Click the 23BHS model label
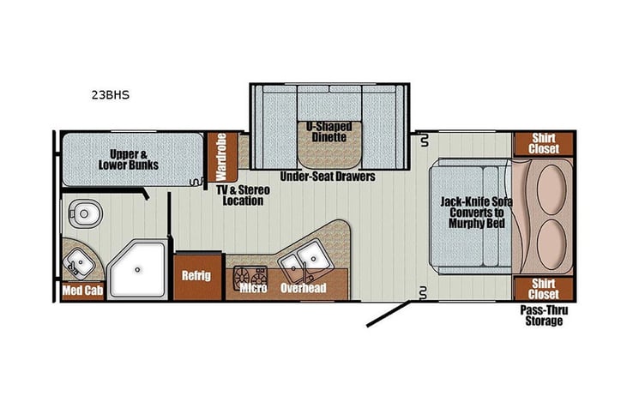tap(112, 97)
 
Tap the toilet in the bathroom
tap(84, 212)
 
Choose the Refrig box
tap(196, 276)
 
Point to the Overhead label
tap(303, 288)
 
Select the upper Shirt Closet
tap(543, 144)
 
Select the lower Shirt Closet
tap(543, 289)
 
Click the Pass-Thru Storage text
tap(544, 316)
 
